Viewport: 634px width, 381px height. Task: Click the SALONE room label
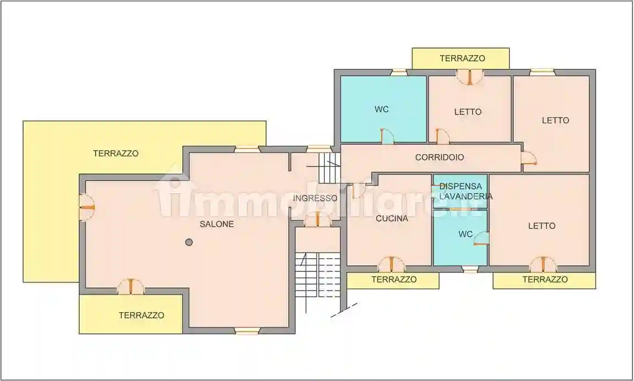point(216,224)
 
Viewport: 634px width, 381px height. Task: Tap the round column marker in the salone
point(189,242)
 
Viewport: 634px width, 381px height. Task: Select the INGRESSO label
point(315,198)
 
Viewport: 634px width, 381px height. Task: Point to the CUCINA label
point(392,219)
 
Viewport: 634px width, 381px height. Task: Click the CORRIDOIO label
point(439,157)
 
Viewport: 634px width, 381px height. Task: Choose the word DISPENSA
point(460,186)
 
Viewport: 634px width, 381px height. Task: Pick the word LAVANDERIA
point(463,196)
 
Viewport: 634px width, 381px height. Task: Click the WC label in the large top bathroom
point(382,110)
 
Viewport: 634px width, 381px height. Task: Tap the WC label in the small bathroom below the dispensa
point(465,234)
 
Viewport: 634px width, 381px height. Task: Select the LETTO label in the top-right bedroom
point(555,120)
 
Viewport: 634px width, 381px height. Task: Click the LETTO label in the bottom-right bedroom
point(541,226)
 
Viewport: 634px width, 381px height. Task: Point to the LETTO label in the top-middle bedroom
point(468,112)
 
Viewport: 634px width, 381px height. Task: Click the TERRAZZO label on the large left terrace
point(116,154)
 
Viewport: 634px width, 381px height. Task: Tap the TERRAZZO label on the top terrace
point(462,58)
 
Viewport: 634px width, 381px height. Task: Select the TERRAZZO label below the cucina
point(393,280)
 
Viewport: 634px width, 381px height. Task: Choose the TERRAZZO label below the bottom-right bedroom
point(545,280)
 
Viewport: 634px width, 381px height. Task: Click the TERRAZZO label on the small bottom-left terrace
point(142,315)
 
